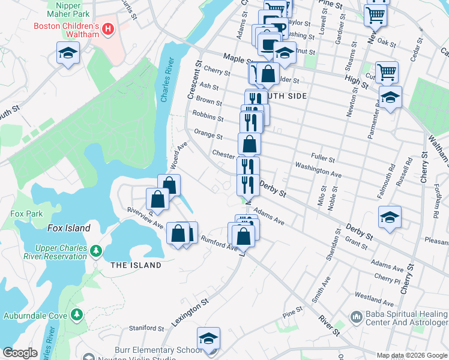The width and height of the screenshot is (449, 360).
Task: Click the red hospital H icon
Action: click(108, 29)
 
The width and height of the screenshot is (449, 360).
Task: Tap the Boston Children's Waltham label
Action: click(66, 31)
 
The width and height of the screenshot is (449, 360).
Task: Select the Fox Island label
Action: click(68, 228)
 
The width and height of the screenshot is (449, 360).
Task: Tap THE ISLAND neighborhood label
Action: click(136, 265)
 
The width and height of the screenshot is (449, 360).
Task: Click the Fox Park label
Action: click(26, 214)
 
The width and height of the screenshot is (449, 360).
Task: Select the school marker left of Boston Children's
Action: click(68, 53)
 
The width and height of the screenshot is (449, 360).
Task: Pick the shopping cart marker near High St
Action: click(387, 73)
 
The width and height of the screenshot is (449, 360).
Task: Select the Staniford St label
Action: click(146, 328)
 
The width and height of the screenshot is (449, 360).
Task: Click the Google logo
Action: click(20, 353)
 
